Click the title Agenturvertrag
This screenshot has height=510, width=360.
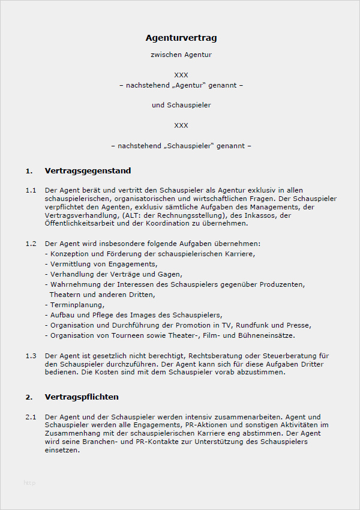[181, 38]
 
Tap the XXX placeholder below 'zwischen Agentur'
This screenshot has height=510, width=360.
[181, 75]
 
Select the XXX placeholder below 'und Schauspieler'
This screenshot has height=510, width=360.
[181, 125]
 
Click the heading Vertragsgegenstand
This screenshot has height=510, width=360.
[88, 171]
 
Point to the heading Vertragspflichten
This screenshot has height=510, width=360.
[82, 397]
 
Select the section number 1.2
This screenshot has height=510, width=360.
[31, 244]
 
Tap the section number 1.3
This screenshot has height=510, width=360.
[31, 356]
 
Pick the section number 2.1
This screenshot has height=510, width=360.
[31, 416]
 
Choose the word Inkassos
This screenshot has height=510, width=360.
[262, 215]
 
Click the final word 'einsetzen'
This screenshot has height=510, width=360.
[62, 451]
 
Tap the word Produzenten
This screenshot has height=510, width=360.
[281, 284]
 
